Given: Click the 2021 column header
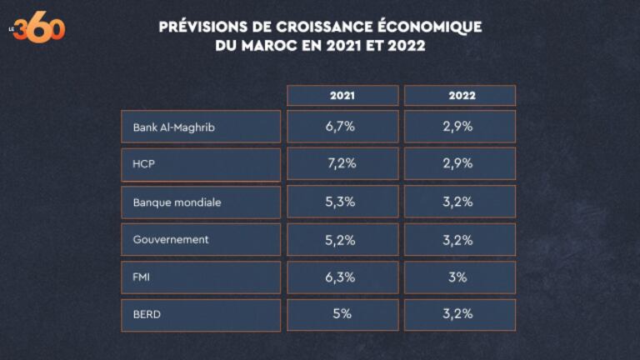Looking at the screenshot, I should point(342,96).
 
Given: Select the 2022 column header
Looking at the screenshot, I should point(460,96).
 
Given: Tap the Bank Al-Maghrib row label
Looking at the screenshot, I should point(201,127).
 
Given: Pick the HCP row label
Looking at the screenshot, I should point(201,164).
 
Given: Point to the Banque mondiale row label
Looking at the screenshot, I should point(201,202).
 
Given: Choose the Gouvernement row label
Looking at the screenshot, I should point(201,240).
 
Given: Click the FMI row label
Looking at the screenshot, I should point(201,277).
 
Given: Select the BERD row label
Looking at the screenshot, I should point(201,315).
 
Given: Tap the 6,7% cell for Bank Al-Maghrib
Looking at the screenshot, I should point(342,127).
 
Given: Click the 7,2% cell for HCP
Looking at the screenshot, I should point(342,164).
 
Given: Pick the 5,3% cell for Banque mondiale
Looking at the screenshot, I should point(342,202).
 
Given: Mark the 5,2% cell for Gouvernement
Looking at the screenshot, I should point(342,240).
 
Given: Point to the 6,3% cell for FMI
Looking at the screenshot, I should point(342,277).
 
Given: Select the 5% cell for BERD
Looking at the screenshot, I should point(342,315).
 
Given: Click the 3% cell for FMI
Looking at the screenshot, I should point(459,277).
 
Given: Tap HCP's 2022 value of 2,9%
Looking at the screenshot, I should point(459,164).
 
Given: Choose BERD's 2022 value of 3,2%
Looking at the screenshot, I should point(459,315).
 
